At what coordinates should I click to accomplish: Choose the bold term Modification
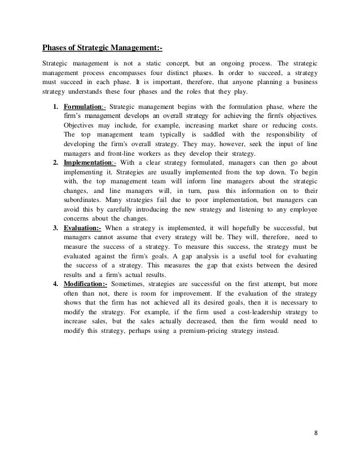tap(85, 282)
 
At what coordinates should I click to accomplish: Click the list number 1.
tap(54, 106)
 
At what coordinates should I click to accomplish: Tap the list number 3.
tap(54, 212)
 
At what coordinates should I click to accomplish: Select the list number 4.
tap(54, 282)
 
